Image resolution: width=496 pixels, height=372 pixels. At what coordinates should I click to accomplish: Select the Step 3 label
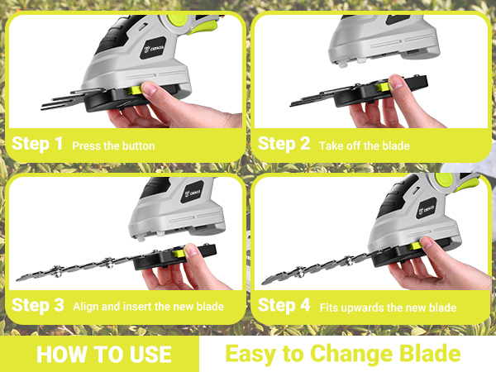click(x=36, y=305)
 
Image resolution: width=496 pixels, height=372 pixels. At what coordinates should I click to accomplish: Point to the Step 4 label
click(x=284, y=305)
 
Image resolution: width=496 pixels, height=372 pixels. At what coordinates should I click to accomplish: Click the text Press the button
click(x=113, y=145)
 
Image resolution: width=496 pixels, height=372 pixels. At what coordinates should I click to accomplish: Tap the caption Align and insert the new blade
click(x=148, y=307)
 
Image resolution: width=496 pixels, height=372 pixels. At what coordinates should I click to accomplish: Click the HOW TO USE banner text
click(x=104, y=354)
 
